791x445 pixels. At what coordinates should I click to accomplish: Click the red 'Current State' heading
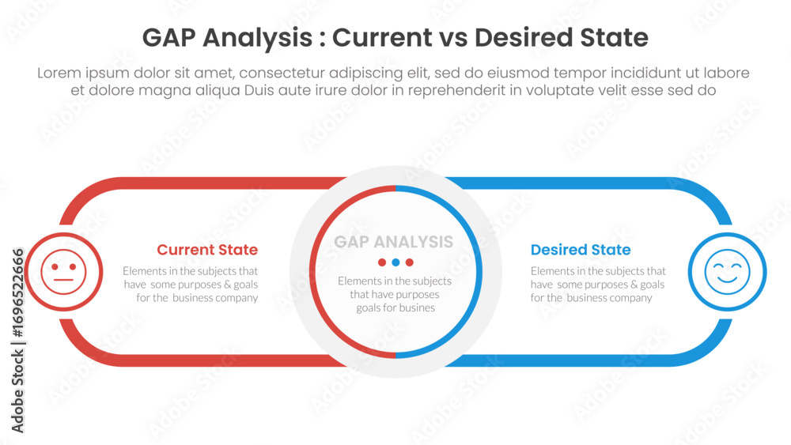point(207,250)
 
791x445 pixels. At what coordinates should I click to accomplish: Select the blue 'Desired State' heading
point(581,250)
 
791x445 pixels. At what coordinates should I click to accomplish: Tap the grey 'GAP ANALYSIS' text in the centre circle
point(393,242)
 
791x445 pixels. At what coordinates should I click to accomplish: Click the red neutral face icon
point(63,272)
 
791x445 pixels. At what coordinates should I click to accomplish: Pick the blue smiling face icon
point(728,272)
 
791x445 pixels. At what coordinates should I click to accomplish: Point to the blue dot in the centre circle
point(395,262)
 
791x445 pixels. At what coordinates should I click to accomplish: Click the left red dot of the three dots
point(382,262)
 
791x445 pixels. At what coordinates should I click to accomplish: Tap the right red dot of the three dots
point(410,262)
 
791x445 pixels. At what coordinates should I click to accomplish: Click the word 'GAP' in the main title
point(169,37)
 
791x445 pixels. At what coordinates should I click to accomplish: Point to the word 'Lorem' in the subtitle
point(59,73)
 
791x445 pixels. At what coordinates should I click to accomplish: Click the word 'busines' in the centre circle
point(417,308)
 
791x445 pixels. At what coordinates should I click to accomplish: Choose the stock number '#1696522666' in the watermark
point(17,292)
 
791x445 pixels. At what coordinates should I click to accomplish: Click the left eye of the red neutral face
point(55,266)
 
